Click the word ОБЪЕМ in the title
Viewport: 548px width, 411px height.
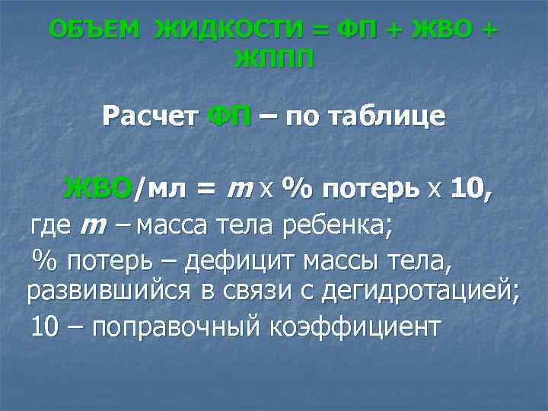tap(94, 30)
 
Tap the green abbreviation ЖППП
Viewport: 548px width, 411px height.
tap(274, 59)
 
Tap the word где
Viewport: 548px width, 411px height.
tap(51, 226)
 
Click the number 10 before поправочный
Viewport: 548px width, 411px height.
tap(44, 327)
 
